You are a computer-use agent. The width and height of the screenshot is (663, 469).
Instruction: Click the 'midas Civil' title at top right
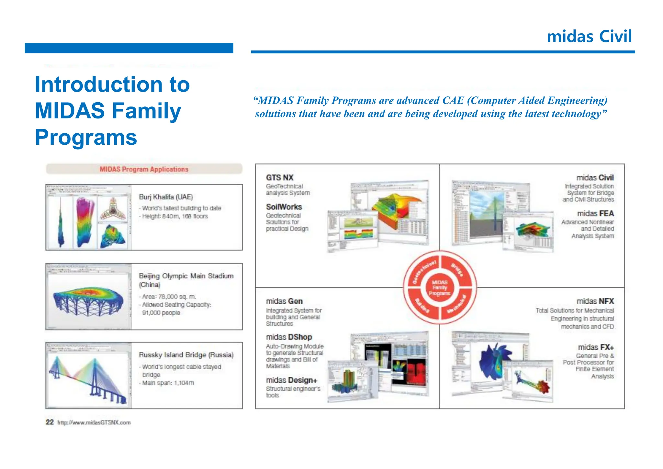tap(589, 36)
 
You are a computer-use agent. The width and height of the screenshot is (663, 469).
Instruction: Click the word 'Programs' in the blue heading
tap(86, 137)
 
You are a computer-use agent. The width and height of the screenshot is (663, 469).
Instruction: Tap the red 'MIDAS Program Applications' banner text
tap(144, 169)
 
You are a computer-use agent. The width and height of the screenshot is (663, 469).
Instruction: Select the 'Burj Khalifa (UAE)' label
tap(166, 197)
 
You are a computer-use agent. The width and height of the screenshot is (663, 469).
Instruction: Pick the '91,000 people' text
tap(161, 313)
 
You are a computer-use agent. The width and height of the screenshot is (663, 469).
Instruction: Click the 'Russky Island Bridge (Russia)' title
tap(186, 355)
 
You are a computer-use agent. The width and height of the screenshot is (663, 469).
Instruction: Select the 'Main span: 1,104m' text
tap(168, 383)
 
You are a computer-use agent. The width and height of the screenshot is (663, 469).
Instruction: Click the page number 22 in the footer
tap(50, 422)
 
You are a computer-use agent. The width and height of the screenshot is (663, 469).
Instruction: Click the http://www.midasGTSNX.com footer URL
tap(94, 423)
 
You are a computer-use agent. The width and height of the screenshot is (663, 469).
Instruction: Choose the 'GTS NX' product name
tap(279, 178)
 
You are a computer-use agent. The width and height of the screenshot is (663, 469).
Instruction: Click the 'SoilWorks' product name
tap(284, 207)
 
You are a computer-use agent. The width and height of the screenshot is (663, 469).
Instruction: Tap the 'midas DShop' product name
tap(289, 337)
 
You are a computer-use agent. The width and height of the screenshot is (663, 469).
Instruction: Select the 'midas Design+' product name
tap(291, 380)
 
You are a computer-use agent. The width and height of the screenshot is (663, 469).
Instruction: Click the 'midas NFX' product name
tap(595, 301)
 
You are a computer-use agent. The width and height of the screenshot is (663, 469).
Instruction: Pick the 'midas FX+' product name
tap(596, 347)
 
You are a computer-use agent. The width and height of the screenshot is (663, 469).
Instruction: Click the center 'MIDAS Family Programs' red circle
tap(439, 288)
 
